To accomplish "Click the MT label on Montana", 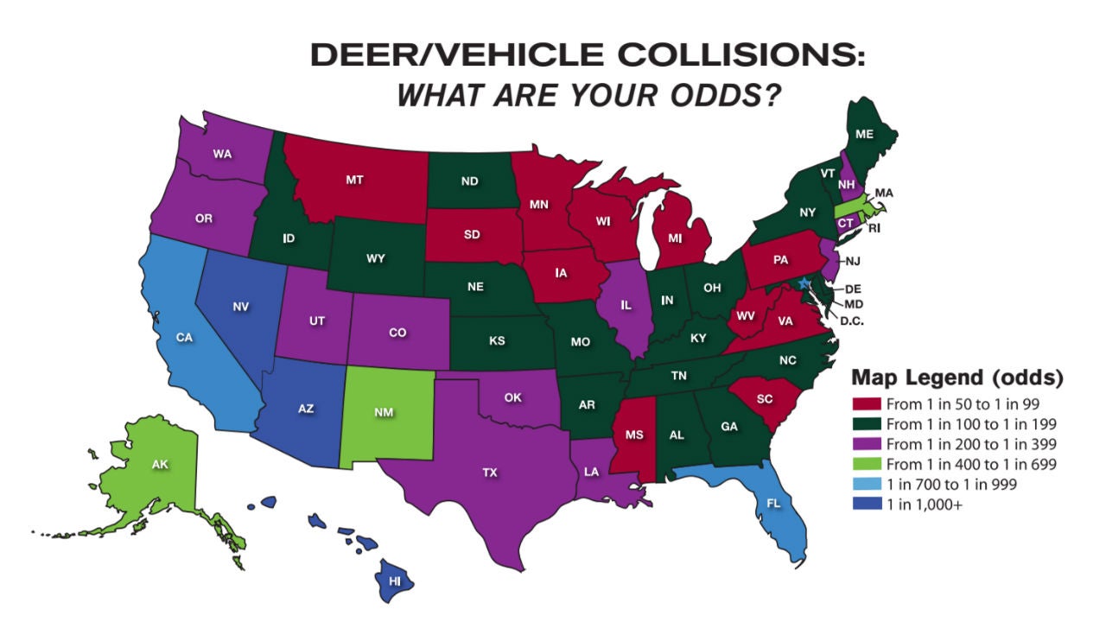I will (353, 181).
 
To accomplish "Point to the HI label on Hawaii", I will (395, 581).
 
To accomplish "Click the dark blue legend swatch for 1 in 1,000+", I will (866, 505).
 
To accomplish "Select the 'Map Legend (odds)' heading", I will (957, 378).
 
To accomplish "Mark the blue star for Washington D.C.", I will (804, 283).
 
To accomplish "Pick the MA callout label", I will (884, 192).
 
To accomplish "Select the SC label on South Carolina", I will (763, 398).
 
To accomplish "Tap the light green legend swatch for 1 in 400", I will (866, 465).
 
